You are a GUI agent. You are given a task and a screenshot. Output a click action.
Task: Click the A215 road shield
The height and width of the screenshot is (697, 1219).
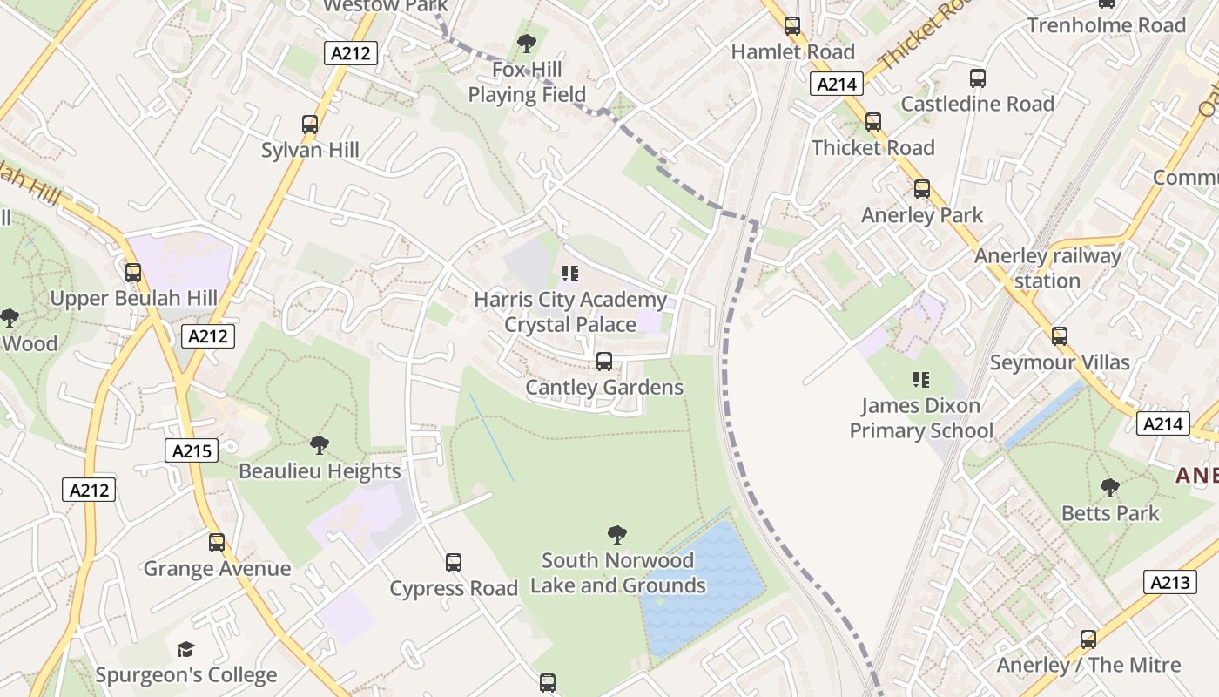(x=192, y=450)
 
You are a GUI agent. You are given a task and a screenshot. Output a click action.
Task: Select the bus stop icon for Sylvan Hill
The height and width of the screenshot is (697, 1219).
(x=310, y=125)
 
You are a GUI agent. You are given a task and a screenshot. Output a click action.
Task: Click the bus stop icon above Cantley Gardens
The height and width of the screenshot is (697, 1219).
(x=604, y=362)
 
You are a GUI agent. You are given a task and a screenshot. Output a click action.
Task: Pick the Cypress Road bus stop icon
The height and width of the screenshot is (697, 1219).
(x=454, y=563)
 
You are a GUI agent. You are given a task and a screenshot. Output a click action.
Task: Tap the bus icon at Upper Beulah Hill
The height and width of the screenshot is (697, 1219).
(x=133, y=273)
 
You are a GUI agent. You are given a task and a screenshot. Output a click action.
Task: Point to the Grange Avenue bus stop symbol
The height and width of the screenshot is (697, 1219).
(x=217, y=543)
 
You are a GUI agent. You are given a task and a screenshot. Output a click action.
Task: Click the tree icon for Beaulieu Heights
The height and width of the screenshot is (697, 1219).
(x=320, y=445)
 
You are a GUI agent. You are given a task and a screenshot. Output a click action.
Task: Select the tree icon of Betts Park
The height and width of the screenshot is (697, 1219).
(x=1110, y=487)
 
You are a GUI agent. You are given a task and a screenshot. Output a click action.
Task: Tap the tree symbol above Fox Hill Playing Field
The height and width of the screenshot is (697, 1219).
(x=526, y=43)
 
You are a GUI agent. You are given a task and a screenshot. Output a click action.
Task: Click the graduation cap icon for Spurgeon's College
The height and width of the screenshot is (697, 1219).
(x=185, y=649)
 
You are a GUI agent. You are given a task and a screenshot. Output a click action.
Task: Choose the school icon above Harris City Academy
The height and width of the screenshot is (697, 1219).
(x=570, y=274)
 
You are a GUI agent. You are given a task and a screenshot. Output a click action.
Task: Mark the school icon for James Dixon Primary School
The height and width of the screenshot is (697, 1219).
(x=920, y=380)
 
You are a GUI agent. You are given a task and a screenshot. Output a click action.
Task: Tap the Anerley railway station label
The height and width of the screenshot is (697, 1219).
(x=1047, y=268)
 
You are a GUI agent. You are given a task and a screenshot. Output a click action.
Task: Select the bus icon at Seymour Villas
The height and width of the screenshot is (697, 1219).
(x=1060, y=336)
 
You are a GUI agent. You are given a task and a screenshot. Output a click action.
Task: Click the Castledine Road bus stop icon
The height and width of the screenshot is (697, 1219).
(x=978, y=78)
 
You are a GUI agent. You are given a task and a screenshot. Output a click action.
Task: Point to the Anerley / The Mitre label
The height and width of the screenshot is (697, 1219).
(x=1088, y=665)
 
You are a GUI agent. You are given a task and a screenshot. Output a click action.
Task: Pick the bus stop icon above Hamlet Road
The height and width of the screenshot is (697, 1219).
(x=792, y=26)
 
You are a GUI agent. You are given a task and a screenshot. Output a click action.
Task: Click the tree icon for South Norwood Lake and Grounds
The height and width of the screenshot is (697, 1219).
(x=617, y=534)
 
